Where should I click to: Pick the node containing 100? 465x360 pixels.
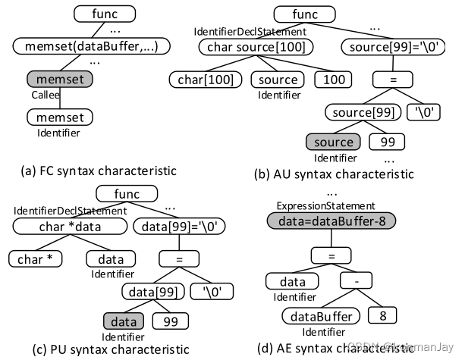328,80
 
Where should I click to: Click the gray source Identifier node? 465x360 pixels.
334,142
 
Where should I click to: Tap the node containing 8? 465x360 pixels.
382,314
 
